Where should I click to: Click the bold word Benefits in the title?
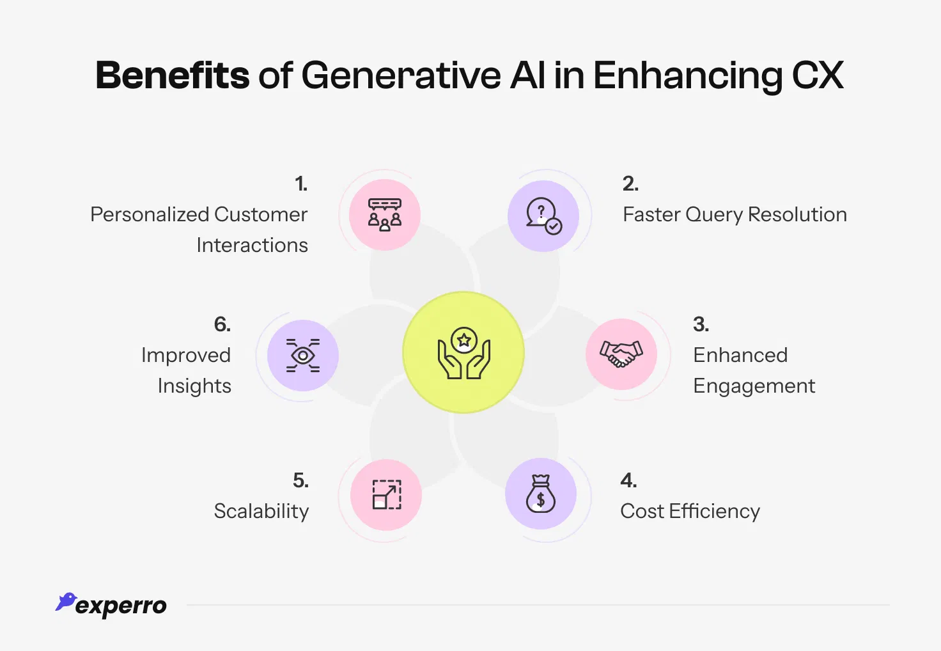pos(172,75)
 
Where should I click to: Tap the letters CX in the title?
pos(818,75)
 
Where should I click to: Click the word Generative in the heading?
pos(401,75)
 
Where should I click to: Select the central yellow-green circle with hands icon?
pos(463,352)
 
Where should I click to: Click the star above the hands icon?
pos(464,340)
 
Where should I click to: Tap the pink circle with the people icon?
pos(385,215)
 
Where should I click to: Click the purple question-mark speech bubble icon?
pos(543,216)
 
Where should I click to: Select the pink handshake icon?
pos(621,354)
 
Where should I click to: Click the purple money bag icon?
pos(541,494)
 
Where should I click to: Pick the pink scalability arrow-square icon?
pos(387,494)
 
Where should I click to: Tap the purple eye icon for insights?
pos(302,356)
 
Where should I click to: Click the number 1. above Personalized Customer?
pos(301,184)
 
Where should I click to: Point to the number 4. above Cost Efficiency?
pos(628,480)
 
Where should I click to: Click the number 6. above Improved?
pos(222,324)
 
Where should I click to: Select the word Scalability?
pos(261,511)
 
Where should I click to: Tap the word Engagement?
pos(754,386)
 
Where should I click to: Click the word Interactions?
pos(252,246)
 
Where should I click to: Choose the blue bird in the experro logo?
pos(66,601)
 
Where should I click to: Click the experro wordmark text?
pos(121,606)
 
